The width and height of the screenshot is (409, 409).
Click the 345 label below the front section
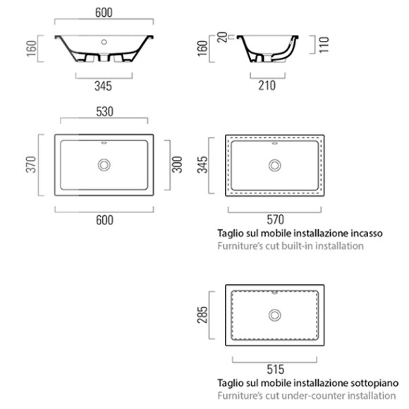104,86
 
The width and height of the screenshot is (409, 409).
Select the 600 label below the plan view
104,220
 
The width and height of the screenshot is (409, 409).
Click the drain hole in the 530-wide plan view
104,165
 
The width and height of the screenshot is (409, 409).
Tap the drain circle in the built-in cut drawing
274,165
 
